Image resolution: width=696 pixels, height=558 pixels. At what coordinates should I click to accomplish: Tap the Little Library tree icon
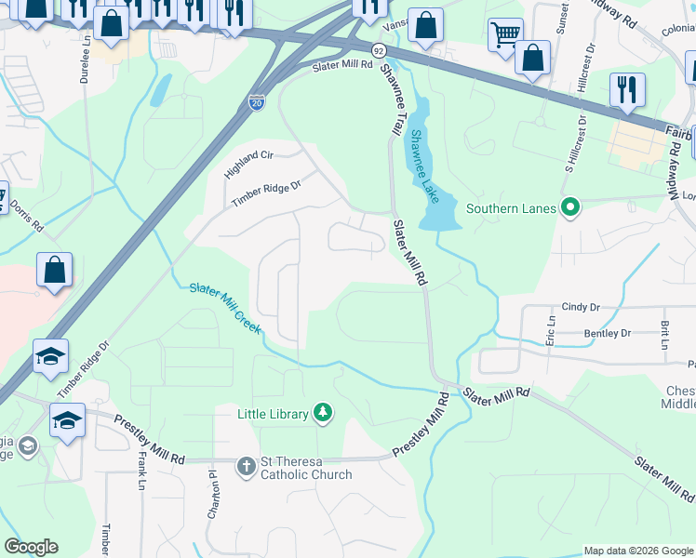coord(323,413)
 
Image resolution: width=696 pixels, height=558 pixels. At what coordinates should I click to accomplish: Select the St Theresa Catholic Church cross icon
coord(246,466)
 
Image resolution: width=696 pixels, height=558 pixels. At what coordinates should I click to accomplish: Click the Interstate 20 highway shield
coord(257,101)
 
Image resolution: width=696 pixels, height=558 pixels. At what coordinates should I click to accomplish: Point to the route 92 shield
coord(378,48)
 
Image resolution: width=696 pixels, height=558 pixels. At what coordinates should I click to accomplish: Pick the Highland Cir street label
coord(249,166)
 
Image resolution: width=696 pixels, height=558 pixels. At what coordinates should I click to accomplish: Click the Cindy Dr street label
coord(583,307)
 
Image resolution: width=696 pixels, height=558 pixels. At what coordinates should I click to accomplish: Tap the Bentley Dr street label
coord(607,333)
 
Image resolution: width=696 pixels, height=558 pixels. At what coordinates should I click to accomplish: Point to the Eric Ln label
coord(551,332)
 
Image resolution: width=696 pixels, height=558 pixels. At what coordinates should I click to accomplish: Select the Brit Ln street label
coord(665,335)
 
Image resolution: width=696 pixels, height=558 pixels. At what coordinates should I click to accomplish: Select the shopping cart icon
coord(505,34)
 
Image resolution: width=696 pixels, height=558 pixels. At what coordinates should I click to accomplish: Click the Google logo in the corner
coord(31,547)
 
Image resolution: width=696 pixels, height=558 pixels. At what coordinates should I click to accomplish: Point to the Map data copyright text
coord(638,551)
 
